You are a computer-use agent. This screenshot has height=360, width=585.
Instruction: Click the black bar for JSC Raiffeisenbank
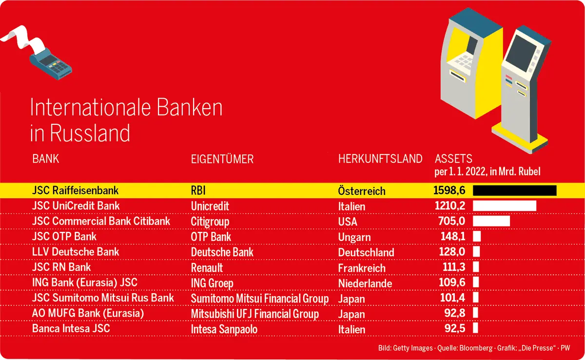pos(514,190)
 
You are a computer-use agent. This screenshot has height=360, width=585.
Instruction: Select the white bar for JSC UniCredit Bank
pos(505,206)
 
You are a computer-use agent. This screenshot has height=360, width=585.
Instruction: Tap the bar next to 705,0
pos(491,221)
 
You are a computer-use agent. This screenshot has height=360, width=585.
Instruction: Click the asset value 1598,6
pos(449,190)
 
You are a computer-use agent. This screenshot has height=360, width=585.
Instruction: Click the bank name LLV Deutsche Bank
pos(76,252)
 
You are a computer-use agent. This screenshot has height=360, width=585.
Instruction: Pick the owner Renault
pos(207,268)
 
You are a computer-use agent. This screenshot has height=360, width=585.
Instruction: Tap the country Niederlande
pos(365,284)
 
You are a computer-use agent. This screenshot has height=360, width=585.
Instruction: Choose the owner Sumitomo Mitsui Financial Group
pos(259,299)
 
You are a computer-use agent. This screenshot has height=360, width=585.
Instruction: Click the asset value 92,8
pos(455,313)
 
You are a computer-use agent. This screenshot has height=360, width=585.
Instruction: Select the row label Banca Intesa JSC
pos(71,328)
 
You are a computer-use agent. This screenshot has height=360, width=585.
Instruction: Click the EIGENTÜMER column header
pos(222,159)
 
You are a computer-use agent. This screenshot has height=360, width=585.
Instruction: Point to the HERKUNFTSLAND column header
pos(380,159)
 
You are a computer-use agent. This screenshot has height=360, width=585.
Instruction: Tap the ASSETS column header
pos(454,159)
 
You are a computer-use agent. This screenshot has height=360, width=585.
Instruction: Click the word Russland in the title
pos(90,133)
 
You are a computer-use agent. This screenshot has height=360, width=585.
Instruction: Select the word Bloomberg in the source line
pos(476,348)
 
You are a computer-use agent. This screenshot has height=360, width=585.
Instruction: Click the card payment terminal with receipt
pos(37,52)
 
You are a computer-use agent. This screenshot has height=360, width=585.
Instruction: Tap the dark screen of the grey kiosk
pos(521,54)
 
